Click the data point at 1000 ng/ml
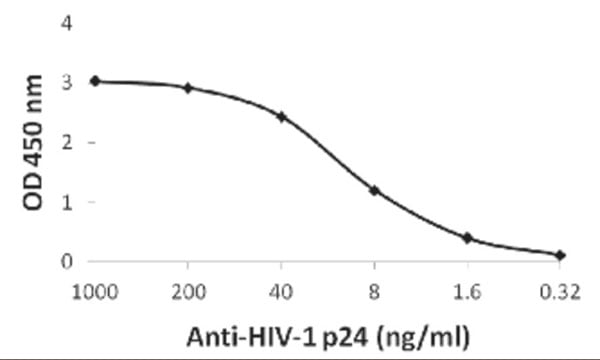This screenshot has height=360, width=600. pos(95,80)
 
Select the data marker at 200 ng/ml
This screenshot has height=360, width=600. pos(188,88)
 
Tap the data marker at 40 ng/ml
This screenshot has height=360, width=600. pos(281,116)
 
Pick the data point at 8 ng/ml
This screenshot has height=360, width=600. pos(374,190)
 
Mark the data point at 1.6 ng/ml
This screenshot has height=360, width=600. pos(467,238)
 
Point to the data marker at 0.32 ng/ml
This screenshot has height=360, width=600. pos(560,255)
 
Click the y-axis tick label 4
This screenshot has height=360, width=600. pos(66,22)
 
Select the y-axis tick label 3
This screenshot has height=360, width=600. pos(66,82)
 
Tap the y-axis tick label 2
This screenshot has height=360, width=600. pos(66,142)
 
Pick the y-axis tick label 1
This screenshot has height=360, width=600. pos(66,202)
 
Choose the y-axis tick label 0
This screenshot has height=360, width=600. pos(66,261)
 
